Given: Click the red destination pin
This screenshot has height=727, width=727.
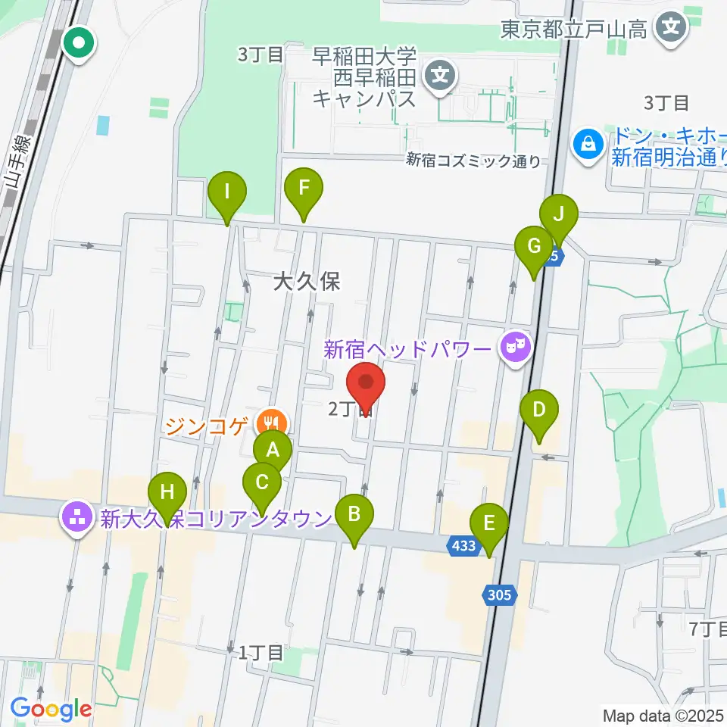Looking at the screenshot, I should click(367, 385).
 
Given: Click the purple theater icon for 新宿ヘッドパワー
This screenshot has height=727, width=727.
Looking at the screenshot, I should click(515, 348).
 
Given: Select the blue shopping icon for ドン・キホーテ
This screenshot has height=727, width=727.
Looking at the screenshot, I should click(587, 141).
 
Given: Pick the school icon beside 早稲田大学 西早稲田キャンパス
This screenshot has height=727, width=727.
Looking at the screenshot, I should click(438, 76).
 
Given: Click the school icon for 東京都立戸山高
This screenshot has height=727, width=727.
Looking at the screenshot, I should click(670, 29).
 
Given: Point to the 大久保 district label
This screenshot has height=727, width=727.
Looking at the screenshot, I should click(307, 282).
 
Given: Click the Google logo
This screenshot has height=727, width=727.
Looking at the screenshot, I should click(51, 709).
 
